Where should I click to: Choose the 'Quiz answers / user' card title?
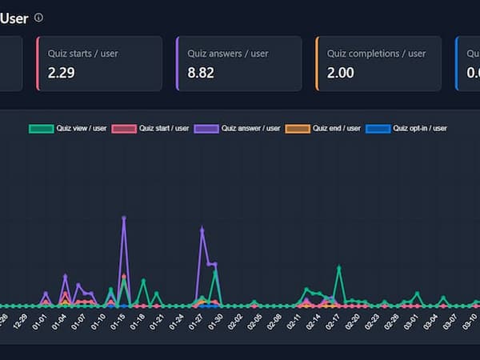tap(228, 54)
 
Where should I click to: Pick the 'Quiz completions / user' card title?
tap(376, 54)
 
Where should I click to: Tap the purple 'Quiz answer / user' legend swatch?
tap(206, 128)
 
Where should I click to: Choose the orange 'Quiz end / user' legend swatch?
tap(298, 128)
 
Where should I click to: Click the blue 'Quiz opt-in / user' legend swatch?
tap(378, 128)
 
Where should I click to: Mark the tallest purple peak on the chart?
tap(124, 218)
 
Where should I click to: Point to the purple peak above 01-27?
tap(202, 230)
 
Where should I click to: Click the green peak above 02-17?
tap(339, 267)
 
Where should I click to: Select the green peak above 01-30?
tap(215, 271)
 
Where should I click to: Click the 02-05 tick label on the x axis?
tap(254, 322)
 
